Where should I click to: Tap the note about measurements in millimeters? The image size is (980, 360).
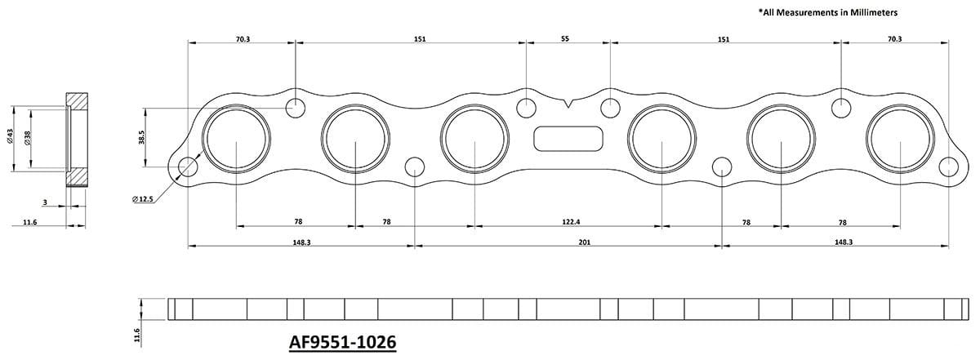tap(828, 13)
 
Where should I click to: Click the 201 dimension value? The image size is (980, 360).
tap(568, 241)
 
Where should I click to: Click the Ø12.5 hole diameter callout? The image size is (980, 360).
tap(144, 198)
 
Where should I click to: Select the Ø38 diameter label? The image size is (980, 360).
tap(28, 138)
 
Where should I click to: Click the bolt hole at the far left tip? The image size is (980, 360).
tap(187, 166)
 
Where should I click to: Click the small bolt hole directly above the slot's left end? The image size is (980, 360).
tap(527, 106)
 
